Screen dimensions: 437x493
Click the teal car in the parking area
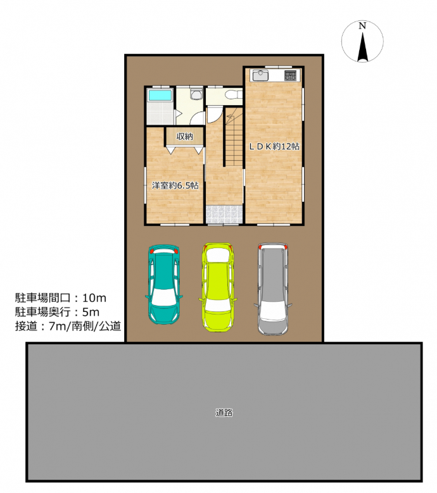[x=164, y=284]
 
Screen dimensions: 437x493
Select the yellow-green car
[x=218, y=287]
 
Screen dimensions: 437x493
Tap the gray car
[x=273, y=289]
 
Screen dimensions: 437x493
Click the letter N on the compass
[x=362, y=26]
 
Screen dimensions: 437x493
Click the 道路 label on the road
[x=224, y=413]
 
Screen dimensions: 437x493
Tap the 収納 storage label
[x=185, y=137]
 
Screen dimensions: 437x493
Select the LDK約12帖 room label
[x=274, y=146]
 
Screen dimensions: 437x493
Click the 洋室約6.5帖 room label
[x=175, y=185]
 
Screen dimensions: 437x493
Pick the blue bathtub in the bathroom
[x=160, y=95]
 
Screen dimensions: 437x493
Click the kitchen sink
[x=260, y=75]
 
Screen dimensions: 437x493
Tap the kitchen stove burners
[x=291, y=75]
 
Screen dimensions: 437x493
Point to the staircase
[x=234, y=137]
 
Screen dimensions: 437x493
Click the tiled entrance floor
[x=224, y=215]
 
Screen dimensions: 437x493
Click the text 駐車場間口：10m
[x=61, y=297]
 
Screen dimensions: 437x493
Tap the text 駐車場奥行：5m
[x=57, y=312]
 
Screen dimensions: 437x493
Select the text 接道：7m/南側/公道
[x=68, y=326]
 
